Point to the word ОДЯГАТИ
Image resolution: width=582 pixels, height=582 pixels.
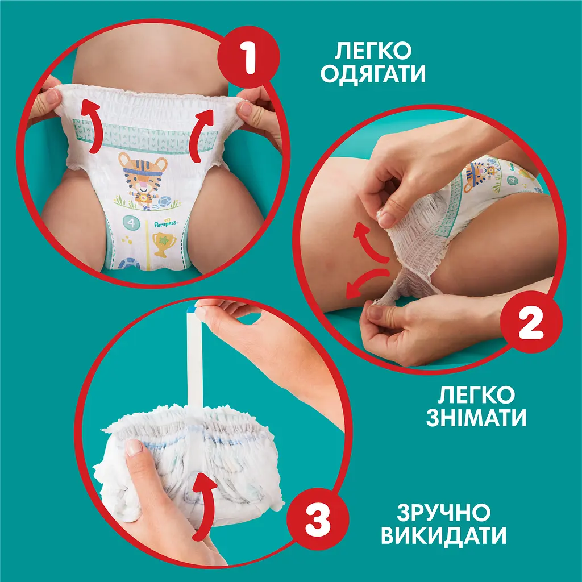[372, 74]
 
